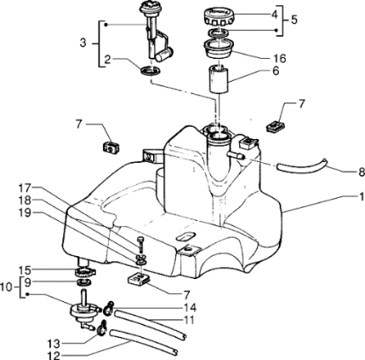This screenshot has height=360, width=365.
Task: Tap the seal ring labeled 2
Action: (x=152, y=70)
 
